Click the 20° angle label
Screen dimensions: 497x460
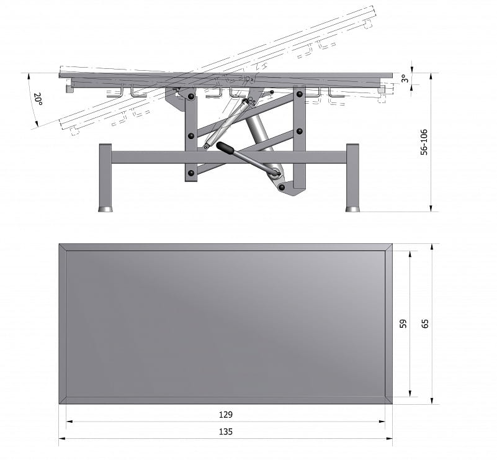[38, 99]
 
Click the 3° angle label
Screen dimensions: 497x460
[405, 78]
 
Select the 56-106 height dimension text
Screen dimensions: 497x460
[424, 142]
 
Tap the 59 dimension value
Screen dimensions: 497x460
[403, 323]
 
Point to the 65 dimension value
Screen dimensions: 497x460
[425, 323]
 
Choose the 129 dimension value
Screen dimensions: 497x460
[226, 415]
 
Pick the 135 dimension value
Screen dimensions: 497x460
[226, 431]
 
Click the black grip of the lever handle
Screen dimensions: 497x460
[225, 148]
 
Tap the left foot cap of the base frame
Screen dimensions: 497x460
[105, 209]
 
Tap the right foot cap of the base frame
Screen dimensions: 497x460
[352, 209]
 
